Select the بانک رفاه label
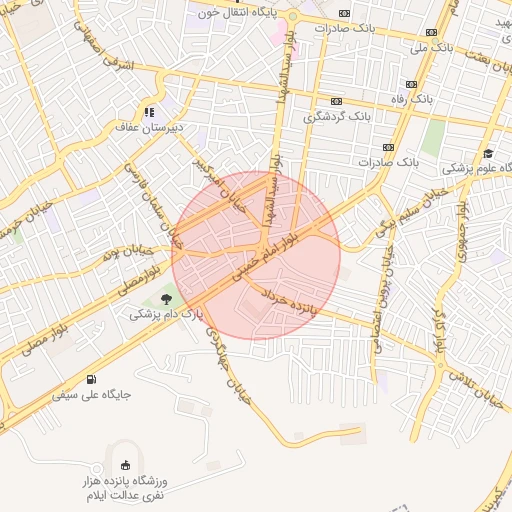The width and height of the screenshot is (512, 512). (434, 100)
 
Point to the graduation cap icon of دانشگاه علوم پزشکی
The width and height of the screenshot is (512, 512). (488, 154)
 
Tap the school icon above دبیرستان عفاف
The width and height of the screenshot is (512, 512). (148, 112)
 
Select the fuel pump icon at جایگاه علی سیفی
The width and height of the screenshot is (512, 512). (92, 379)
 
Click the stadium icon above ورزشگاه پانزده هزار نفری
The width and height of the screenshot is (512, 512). (124, 465)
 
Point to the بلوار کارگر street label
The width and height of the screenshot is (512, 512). (440, 331)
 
